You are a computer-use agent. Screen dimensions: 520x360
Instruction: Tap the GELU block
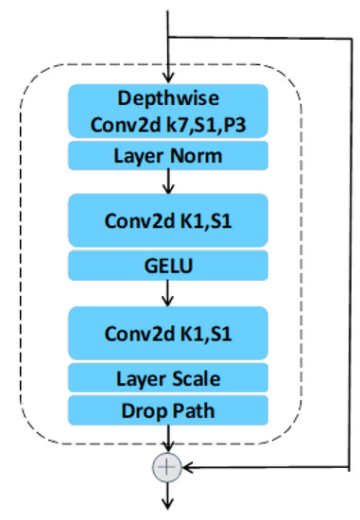coord(168,266)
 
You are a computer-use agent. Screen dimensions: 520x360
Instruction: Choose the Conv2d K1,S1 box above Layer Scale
coord(168,335)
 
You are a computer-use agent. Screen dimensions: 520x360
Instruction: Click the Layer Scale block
coord(168,378)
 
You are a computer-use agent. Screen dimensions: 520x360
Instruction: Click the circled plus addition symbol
coord(168,466)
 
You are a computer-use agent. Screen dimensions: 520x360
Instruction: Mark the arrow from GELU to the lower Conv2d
coord(168,293)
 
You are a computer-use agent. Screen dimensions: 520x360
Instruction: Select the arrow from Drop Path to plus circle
coord(168,440)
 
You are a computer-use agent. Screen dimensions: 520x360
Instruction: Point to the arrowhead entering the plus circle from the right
coord(186,466)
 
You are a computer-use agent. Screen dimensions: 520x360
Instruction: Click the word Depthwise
coord(168,98)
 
